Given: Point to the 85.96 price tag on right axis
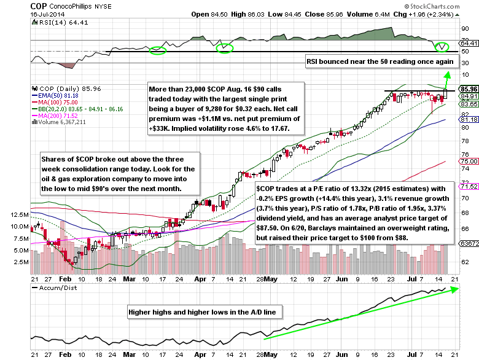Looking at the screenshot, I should click(469, 89).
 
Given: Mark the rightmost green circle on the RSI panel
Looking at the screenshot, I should click(442, 47).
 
